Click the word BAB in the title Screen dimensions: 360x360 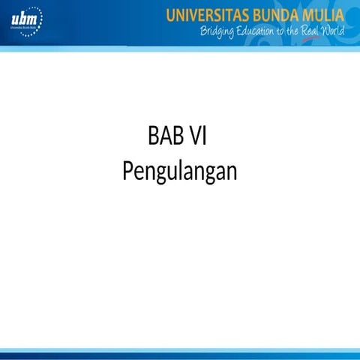click(x=163, y=138)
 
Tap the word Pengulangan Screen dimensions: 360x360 click(x=179, y=171)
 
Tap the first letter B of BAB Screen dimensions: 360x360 click(x=153, y=138)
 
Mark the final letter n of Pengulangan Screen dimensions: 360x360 click(x=232, y=172)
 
